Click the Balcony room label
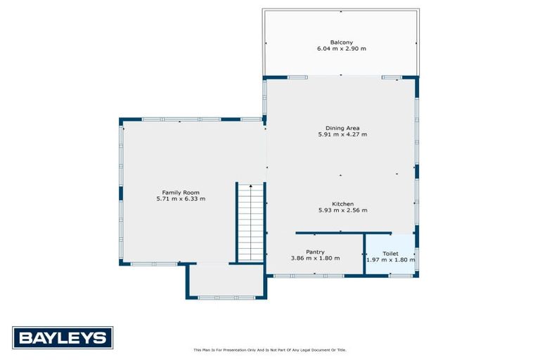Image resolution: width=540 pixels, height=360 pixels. click(x=342, y=42)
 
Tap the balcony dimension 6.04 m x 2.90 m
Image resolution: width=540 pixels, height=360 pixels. click(x=342, y=49)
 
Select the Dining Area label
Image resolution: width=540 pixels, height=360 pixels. click(x=342, y=128)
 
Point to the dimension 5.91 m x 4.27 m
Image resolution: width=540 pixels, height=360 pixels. click(x=342, y=134)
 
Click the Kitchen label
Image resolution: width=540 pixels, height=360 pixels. click(x=342, y=204)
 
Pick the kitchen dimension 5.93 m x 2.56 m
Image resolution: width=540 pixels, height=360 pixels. click(x=342, y=210)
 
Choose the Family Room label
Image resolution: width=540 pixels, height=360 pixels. click(x=181, y=193)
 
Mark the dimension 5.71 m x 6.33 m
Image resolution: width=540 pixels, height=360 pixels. click(x=181, y=199)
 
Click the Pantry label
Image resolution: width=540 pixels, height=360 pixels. click(x=315, y=252)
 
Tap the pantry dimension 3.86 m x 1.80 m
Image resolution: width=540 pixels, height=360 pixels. click(x=315, y=258)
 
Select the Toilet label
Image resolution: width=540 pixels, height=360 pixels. click(x=390, y=253)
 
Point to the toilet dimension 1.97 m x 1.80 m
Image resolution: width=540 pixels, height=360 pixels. click(x=390, y=259)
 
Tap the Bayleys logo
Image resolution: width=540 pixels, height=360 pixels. click(x=63, y=337)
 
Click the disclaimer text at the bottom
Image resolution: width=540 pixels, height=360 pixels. click(x=270, y=349)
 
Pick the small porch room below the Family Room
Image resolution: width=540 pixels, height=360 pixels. click(x=226, y=281)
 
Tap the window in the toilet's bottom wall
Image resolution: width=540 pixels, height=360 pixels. click(x=400, y=276)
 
